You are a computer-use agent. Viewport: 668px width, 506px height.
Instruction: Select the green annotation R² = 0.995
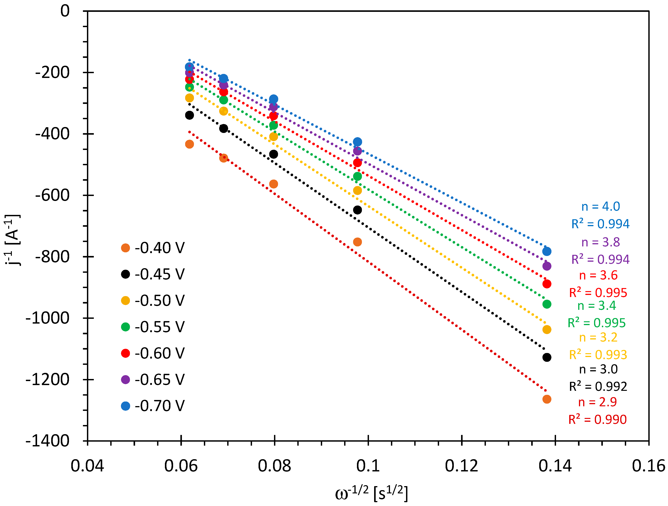pos(596,323)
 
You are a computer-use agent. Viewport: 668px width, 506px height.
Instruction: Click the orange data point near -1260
pos(547,399)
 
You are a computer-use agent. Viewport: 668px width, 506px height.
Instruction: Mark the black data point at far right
pos(547,357)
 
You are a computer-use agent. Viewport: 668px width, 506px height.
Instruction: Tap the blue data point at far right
pos(547,251)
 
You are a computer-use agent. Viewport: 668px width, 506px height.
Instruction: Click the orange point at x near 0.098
pos(357,242)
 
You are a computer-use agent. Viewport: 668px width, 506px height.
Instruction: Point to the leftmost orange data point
pos(189,144)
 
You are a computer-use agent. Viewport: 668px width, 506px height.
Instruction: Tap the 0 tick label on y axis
pos(65,11)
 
